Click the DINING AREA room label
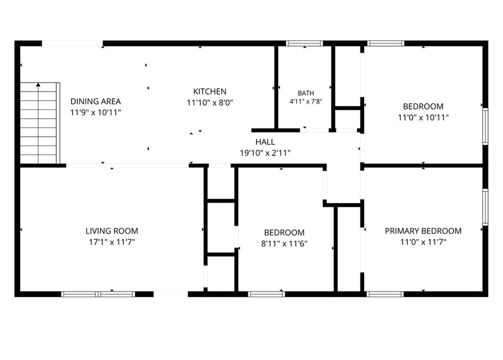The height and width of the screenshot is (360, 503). (x=96, y=101)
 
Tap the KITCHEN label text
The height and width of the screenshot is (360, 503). (x=210, y=91)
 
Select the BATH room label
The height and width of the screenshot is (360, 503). (x=306, y=93)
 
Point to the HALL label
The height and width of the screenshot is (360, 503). (x=265, y=142)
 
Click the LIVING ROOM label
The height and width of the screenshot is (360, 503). (x=112, y=231)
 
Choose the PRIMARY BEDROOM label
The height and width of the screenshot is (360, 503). (x=423, y=231)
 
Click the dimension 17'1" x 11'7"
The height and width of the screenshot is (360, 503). (x=112, y=242)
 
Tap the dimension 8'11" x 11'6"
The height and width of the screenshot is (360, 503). (x=284, y=244)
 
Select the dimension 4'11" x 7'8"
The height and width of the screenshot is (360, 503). (x=306, y=102)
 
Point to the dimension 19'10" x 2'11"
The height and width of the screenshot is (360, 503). (x=265, y=153)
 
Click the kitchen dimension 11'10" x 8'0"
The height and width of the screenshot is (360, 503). (x=210, y=103)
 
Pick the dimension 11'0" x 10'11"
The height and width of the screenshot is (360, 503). (x=423, y=117)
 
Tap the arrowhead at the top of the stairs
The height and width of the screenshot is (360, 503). (x=38, y=84)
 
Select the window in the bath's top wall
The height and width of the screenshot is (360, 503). (x=305, y=43)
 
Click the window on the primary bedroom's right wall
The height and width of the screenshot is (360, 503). (x=485, y=207)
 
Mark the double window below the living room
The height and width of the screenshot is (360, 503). (x=98, y=294)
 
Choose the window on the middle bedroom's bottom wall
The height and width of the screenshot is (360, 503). (x=266, y=294)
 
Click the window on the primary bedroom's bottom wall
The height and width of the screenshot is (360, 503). (x=385, y=294)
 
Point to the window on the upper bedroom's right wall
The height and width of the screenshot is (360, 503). (x=485, y=126)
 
